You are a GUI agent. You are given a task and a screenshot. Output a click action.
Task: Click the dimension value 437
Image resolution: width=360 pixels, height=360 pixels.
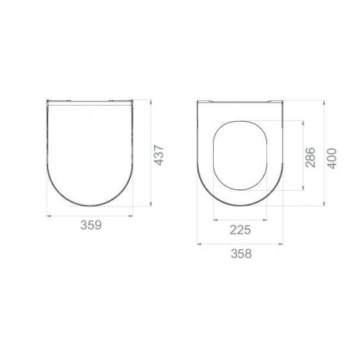click(158, 155)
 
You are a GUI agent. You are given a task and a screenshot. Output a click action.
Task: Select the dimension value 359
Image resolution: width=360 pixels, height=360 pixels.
click(91, 225)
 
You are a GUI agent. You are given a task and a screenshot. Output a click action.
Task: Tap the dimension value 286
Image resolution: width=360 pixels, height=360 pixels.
click(310, 157)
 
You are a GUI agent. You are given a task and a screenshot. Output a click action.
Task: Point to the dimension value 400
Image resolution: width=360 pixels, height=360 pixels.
click(333, 158)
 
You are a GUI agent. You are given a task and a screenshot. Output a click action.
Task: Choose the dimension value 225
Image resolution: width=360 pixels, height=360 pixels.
click(240, 230)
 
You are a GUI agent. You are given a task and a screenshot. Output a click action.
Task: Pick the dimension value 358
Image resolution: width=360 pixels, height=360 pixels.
click(241, 253)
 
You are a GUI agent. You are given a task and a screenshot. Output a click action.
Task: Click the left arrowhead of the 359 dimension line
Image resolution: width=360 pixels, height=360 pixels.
click(49, 216)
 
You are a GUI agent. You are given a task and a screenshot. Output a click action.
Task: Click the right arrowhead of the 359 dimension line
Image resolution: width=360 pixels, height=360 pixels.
click(130, 216)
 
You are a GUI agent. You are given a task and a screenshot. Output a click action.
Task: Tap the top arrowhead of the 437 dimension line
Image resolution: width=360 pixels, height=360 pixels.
click(150, 102)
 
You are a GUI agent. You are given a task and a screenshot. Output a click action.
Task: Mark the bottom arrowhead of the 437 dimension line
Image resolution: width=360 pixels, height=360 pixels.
click(150, 204)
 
